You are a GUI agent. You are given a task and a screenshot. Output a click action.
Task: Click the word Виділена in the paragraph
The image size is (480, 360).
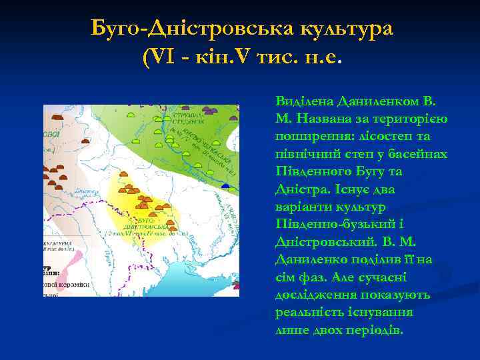303,102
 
